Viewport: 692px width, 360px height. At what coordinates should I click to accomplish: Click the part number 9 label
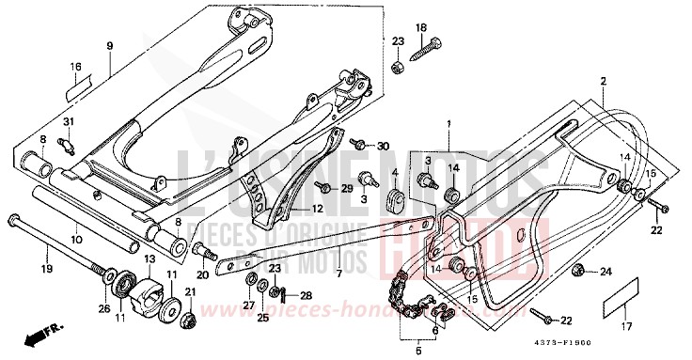pos(110,46)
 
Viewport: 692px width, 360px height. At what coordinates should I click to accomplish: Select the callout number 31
pos(68,124)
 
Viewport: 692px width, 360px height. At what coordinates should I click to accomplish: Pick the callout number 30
pos(382,146)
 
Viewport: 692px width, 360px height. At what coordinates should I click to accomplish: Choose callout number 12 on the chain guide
pos(317,209)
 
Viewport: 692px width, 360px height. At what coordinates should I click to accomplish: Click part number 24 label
pos(605,273)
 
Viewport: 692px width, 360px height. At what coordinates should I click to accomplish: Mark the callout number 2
pos(603,82)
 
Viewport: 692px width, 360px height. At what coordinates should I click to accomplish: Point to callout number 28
pos(279,296)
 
